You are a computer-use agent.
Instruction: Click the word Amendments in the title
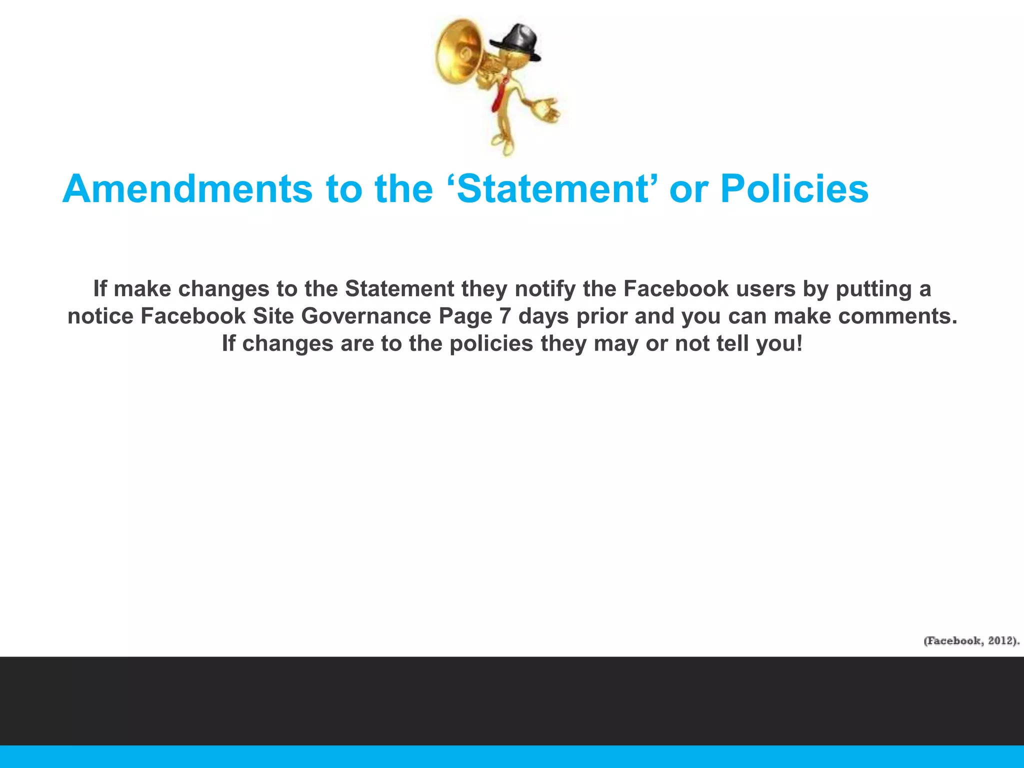187,189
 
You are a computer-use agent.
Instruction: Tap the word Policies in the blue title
794,189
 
